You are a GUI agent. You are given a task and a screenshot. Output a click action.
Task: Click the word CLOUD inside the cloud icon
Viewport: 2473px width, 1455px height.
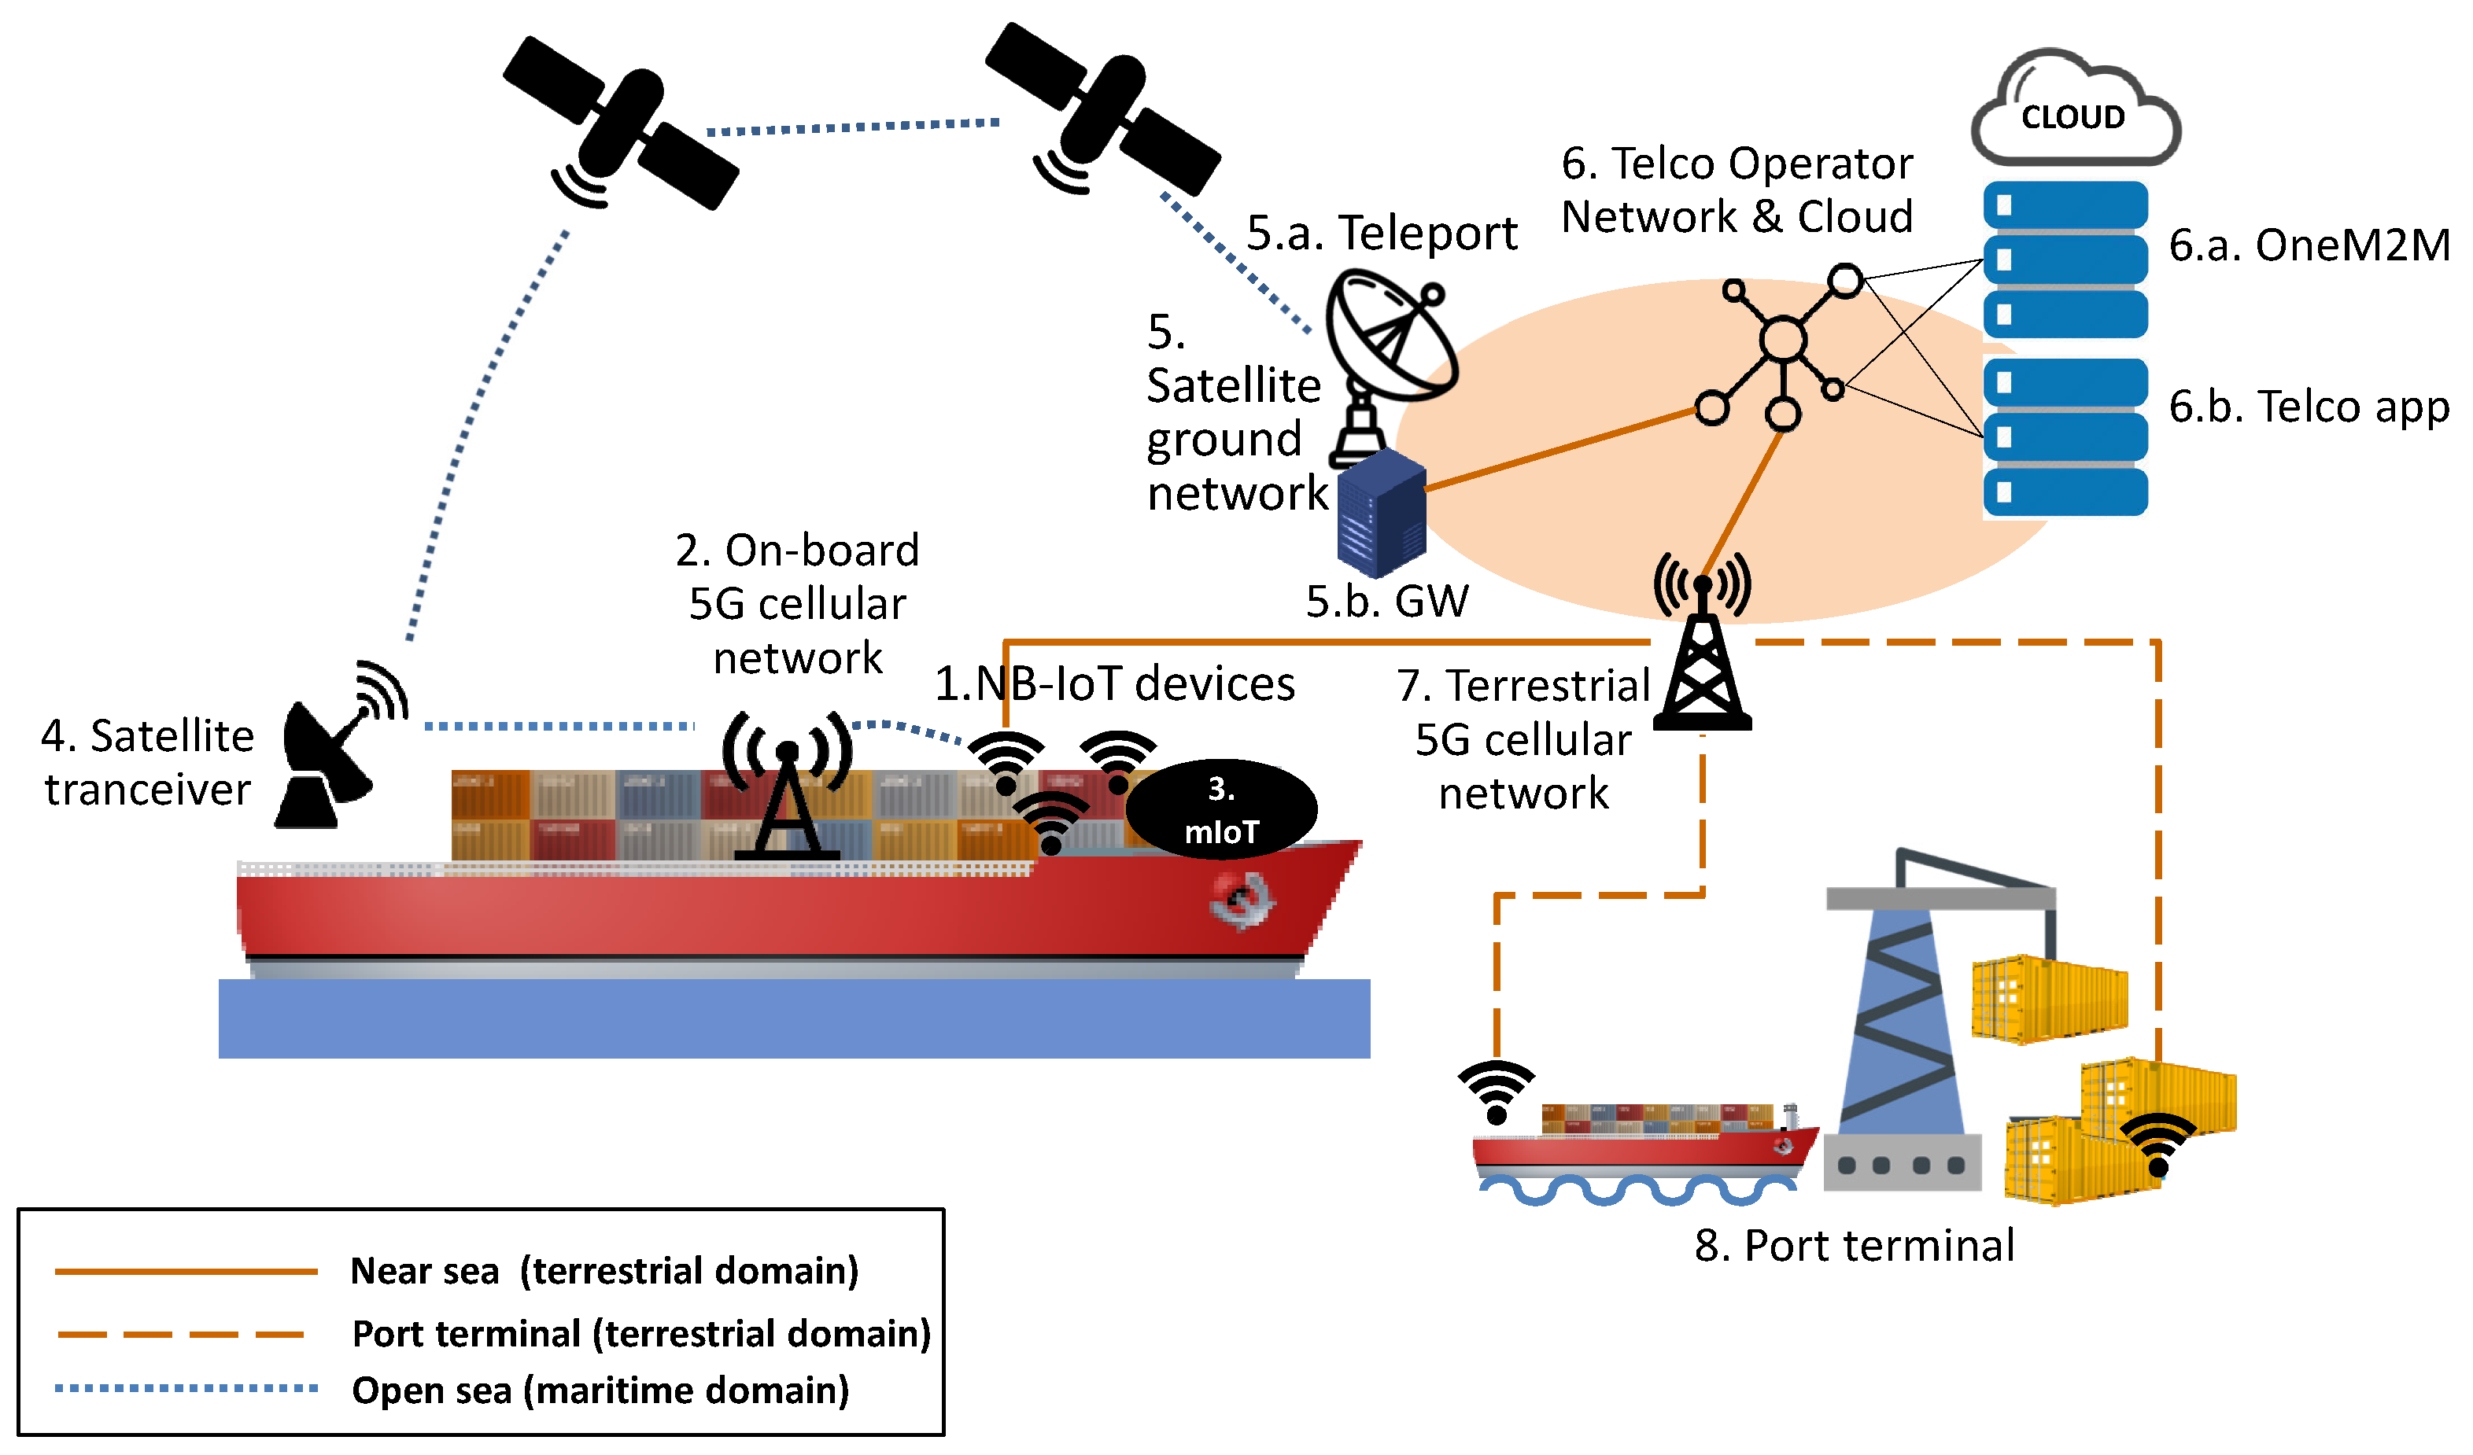point(2072,118)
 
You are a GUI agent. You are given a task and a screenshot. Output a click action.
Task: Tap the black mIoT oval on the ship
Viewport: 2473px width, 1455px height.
point(1221,809)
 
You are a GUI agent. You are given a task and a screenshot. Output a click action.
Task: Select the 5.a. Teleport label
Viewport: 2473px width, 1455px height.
point(1381,234)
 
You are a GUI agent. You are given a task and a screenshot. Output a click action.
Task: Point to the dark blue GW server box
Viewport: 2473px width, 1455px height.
point(1381,512)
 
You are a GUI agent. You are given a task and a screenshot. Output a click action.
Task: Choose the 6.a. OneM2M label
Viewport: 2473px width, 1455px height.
point(2308,245)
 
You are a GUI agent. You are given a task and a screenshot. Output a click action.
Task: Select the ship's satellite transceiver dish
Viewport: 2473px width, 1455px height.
point(329,756)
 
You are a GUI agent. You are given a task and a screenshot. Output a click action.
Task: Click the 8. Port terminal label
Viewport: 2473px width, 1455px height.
point(1854,1246)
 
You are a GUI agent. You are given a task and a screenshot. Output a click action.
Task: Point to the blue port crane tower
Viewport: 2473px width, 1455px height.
point(1901,1020)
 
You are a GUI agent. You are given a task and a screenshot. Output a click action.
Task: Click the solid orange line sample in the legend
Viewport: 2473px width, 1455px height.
point(186,1272)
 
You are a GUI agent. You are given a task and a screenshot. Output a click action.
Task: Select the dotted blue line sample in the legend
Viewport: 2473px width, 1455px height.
point(186,1388)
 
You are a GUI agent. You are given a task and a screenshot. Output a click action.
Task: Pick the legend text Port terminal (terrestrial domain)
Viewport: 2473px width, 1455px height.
point(640,1333)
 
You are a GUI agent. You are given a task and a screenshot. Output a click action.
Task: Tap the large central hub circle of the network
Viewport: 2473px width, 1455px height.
point(1782,341)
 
